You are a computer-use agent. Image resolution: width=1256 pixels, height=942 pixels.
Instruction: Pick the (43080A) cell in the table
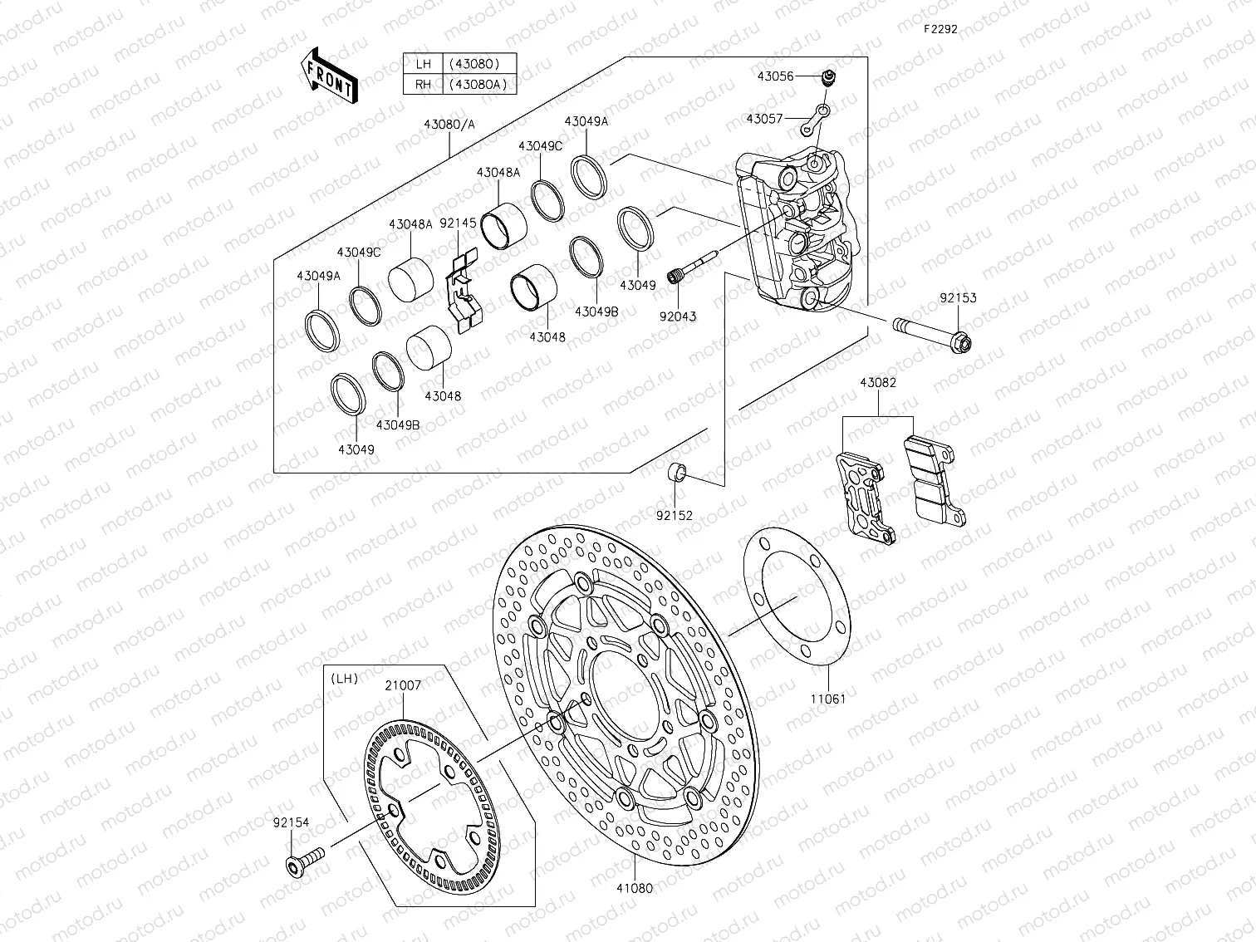[478, 84]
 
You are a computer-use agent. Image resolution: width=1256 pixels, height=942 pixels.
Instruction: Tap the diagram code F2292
[941, 28]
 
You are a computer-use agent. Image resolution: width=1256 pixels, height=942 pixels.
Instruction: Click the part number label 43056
[774, 76]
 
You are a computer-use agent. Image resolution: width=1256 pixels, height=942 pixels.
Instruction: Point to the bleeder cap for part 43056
[827, 78]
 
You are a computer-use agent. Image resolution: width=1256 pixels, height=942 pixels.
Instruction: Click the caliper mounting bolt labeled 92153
[931, 331]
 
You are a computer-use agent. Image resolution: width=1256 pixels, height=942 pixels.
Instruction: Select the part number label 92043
[680, 316]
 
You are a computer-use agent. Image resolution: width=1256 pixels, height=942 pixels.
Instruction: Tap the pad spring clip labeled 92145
[464, 287]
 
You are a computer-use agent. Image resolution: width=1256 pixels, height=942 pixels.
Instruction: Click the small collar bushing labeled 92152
[677, 474]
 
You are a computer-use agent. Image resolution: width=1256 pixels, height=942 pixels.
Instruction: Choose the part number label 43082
[877, 383]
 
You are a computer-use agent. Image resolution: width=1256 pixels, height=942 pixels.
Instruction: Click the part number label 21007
[402, 686]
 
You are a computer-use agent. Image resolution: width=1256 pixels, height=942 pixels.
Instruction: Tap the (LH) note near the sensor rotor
[344, 678]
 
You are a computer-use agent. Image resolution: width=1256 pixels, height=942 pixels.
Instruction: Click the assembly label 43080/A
[449, 124]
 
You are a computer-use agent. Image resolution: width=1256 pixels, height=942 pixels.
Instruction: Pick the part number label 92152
[674, 515]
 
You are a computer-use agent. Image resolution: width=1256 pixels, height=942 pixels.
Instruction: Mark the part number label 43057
[764, 119]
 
